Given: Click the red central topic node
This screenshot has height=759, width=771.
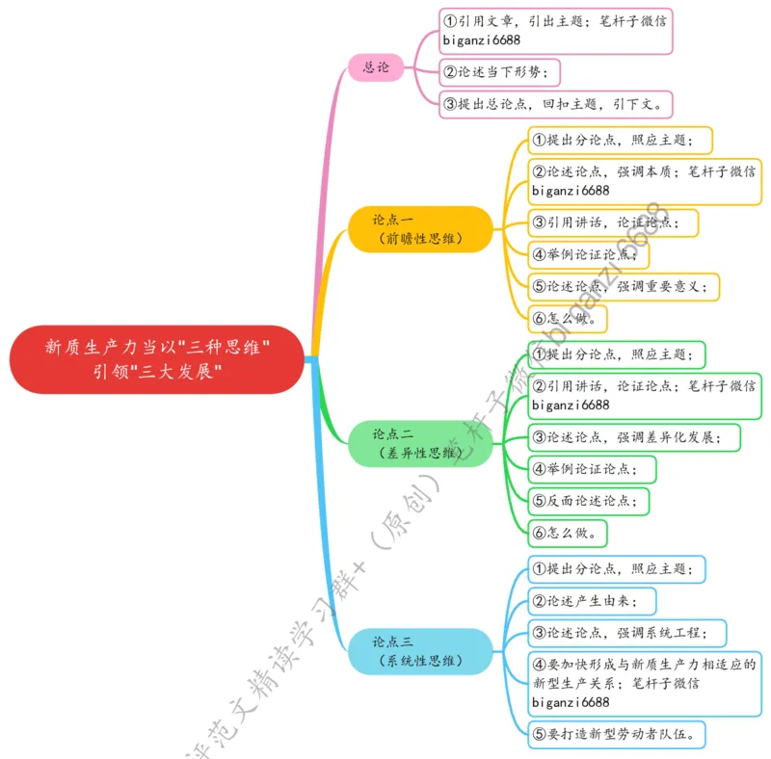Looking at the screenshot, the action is click(x=157, y=358).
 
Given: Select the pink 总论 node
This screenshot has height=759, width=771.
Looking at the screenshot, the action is click(x=376, y=67).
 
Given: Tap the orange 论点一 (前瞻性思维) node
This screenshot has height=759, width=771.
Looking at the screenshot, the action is click(x=419, y=229).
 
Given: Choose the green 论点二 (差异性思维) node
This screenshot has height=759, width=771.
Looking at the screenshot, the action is click(x=419, y=443).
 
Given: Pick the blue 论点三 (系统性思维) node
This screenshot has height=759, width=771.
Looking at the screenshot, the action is click(x=419, y=651).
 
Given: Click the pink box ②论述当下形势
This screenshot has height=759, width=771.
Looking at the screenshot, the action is click(x=500, y=72).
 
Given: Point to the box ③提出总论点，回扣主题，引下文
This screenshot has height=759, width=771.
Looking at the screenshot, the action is click(x=556, y=103).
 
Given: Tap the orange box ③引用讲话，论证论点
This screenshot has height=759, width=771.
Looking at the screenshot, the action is click(x=613, y=222).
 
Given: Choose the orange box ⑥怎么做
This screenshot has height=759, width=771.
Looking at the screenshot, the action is click(x=569, y=317).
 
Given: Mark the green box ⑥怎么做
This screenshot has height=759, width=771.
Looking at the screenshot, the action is click(x=569, y=532).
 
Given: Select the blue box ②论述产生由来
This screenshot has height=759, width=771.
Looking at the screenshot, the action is click(x=593, y=602).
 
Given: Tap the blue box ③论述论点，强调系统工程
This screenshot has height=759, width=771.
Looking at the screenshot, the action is click(x=626, y=633).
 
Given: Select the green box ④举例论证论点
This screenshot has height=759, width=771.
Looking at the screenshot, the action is click(x=592, y=469).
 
